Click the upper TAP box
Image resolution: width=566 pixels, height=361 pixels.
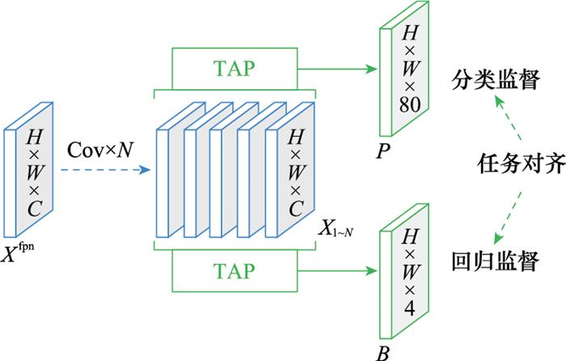point(234,69)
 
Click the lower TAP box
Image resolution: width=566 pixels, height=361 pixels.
point(234,269)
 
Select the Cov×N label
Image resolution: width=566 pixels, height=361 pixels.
point(98,150)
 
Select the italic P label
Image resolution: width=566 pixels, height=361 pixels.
point(383,151)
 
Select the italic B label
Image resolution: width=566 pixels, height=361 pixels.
point(383,353)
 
